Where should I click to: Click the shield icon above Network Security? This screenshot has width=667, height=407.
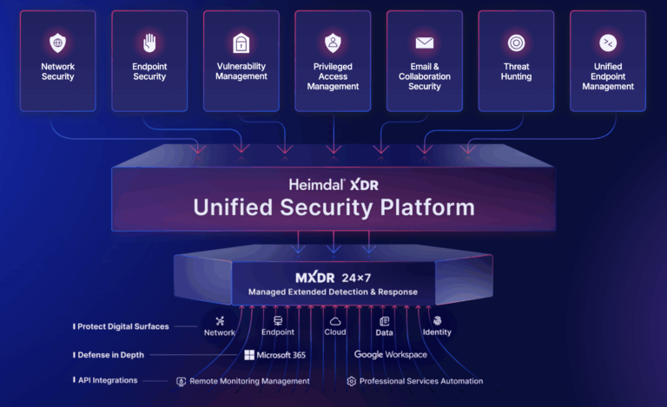point(57,42)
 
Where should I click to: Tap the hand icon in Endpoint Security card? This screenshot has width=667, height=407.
point(149,42)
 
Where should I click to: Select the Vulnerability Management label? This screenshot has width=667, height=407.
point(241,71)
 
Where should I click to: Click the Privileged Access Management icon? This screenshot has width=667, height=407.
point(333,42)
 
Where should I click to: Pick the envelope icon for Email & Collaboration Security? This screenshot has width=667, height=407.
point(425,42)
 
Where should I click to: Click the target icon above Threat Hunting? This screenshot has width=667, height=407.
point(516,42)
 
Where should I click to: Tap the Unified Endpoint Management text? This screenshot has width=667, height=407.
point(608,76)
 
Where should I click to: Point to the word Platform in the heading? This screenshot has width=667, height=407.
point(424,207)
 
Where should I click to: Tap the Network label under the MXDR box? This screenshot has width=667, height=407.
point(220,333)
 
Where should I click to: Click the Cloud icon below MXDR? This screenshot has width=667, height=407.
point(335,321)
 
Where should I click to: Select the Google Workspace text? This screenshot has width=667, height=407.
point(391,355)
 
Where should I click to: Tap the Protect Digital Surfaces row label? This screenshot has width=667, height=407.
point(122,327)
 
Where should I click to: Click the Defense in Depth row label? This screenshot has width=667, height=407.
point(109,355)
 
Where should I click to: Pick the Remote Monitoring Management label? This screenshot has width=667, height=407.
point(248,381)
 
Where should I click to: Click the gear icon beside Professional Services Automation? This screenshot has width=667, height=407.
point(351,381)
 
